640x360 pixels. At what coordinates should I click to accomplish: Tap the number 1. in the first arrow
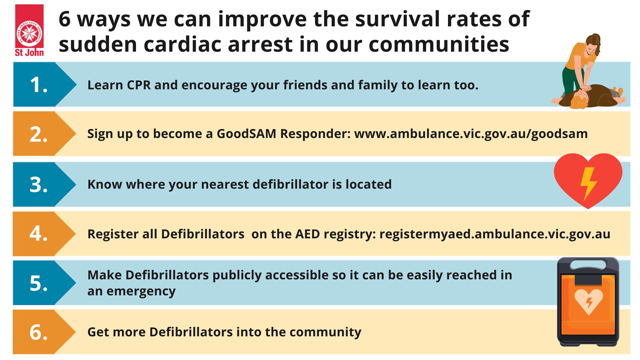pos(39,85)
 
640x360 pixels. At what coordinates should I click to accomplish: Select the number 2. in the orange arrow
pos(39,134)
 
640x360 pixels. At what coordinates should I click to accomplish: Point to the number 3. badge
pos(39,184)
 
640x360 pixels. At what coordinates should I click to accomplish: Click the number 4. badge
pos(39,233)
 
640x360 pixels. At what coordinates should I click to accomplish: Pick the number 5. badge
pos(39,283)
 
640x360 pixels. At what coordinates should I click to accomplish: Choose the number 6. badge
pos(39,332)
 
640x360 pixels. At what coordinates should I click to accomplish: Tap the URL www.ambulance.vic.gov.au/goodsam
pos(471,134)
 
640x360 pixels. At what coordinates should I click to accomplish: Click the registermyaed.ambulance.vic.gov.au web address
pos(495,234)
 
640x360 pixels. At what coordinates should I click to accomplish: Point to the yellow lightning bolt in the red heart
pos(588,184)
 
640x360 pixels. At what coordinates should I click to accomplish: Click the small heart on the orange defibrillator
pos(589,301)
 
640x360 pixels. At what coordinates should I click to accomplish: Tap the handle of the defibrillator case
pos(588,263)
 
